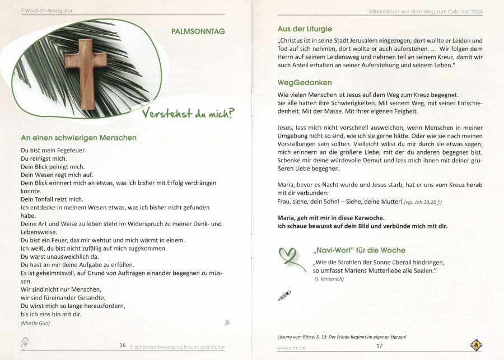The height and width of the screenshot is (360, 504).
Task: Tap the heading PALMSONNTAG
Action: [x=198, y=31]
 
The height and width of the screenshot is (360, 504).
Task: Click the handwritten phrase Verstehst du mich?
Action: [x=188, y=114]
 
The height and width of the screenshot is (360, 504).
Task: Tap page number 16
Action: [x=122, y=345]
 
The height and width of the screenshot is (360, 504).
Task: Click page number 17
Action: [x=379, y=345]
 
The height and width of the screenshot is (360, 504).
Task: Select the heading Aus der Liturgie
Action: [x=305, y=29]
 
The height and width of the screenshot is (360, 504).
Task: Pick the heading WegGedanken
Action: [x=304, y=83]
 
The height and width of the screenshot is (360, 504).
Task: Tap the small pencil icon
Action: [x=284, y=294]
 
